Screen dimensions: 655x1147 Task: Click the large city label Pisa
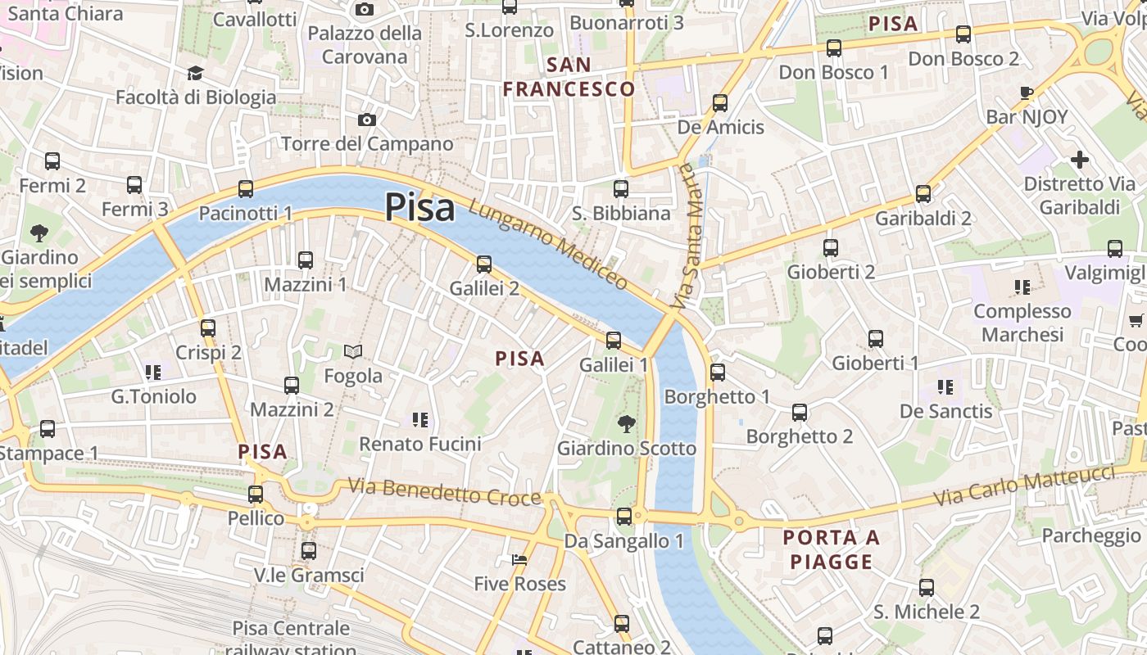click(419, 207)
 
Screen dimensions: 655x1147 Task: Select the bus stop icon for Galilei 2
click(484, 264)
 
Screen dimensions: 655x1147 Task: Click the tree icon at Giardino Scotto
click(627, 423)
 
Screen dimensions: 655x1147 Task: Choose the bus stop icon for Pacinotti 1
click(246, 189)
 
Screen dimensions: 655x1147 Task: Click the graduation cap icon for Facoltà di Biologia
click(195, 74)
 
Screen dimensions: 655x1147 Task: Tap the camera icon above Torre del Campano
click(367, 120)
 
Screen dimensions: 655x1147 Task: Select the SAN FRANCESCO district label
click(569, 77)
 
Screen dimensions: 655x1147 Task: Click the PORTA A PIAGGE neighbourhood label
click(831, 549)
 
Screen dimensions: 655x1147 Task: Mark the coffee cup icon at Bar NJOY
click(1027, 93)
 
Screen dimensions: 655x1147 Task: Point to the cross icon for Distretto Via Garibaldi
click(1080, 159)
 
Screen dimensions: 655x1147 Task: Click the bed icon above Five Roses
click(519, 560)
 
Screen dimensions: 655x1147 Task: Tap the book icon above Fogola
click(353, 351)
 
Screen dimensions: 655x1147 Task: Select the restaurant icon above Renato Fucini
click(420, 420)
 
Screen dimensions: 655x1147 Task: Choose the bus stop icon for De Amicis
click(720, 103)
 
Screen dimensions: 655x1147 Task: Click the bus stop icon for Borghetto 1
click(718, 373)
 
